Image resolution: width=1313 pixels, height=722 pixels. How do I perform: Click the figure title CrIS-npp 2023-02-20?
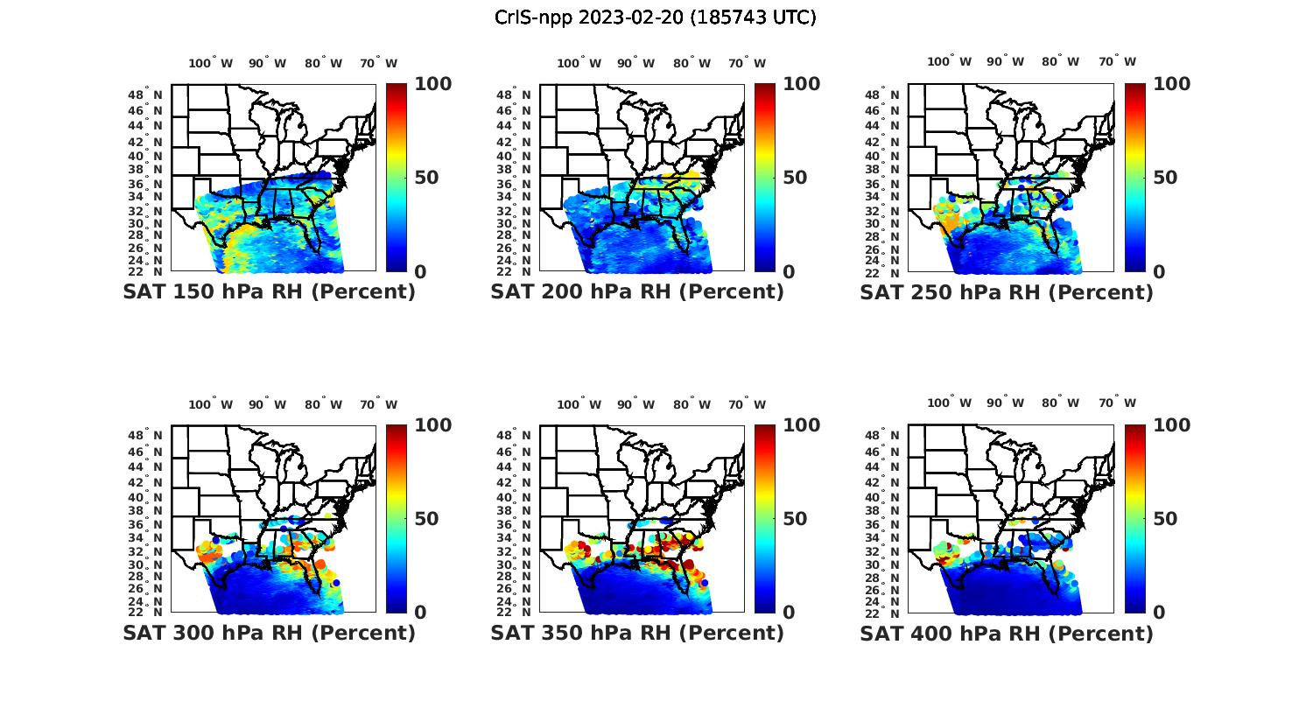(655, 18)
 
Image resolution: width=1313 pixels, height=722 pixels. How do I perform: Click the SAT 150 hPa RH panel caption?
(269, 292)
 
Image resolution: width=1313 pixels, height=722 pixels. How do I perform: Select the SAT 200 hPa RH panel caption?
(637, 292)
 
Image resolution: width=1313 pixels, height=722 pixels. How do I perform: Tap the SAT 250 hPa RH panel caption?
(1007, 292)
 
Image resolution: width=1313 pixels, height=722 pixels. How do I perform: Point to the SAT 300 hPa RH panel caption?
(269, 633)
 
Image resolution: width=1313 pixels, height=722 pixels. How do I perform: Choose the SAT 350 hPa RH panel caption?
(637, 633)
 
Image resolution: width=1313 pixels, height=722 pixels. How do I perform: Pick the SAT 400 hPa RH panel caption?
(1007, 633)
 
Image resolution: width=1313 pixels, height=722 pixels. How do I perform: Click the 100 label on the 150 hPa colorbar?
(433, 84)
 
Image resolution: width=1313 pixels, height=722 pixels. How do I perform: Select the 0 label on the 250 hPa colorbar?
(1159, 272)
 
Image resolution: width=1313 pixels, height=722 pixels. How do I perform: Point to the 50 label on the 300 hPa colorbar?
(426, 519)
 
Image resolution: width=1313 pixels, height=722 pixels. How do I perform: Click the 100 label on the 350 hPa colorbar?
(802, 425)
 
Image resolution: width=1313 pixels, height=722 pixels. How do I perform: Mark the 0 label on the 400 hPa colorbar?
(1159, 613)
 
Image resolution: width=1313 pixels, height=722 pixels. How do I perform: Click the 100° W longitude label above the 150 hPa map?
(211, 63)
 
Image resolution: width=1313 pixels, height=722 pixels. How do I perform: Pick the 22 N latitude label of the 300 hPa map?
(151, 612)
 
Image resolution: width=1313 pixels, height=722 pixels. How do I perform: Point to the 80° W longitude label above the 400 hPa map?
(1060, 403)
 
